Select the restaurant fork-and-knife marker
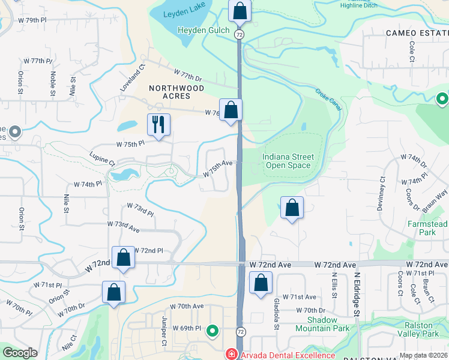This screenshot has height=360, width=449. pyautogui.click(x=158, y=125)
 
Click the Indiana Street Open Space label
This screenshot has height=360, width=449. pyautogui.click(x=288, y=161)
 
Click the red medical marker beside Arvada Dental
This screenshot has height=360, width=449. pyautogui.click(x=230, y=355)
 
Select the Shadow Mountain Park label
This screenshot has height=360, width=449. pyautogui.click(x=324, y=324)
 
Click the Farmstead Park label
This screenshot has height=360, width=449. pyautogui.click(x=427, y=228)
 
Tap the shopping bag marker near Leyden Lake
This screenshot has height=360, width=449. pyautogui.click(x=239, y=11)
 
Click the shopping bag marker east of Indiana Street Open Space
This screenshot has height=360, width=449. pyautogui.click(x=292, y=208)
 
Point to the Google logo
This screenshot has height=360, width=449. pyautogui.click(x=20, y=353)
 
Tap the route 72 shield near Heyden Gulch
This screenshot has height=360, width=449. pyautogui.click(x=239, y=35)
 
